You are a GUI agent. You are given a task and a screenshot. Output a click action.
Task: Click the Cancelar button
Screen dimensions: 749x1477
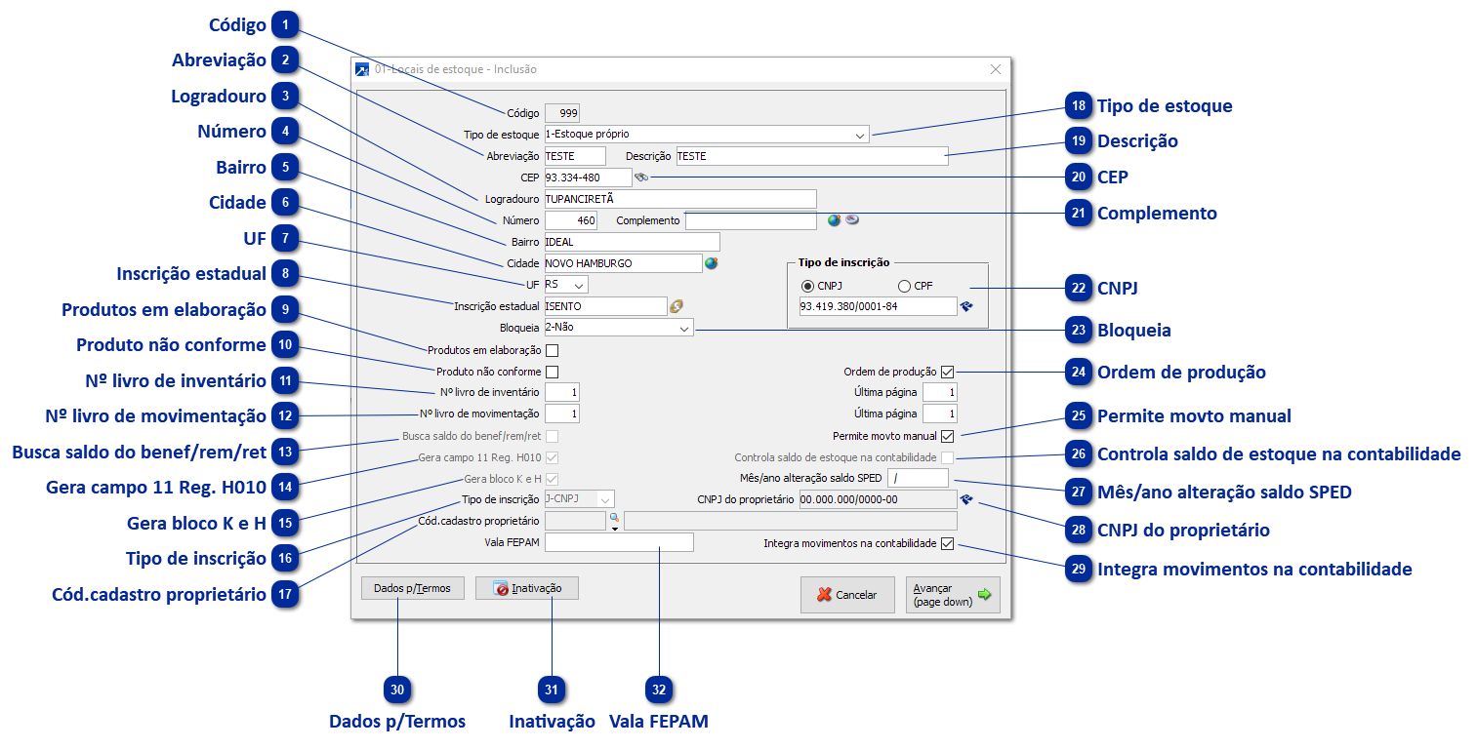pos(847,594)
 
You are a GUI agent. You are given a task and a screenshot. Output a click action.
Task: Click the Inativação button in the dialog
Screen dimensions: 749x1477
pos(527,588)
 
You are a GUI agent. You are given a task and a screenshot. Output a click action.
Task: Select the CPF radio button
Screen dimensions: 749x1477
pos(904,286)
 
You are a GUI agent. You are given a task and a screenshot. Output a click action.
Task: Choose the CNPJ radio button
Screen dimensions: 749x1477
pos(807,286)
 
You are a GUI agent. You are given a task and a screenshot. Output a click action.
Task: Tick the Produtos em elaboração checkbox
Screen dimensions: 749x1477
pos(552,350)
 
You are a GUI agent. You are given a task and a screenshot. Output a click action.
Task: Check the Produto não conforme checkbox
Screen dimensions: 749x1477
pos(552,372)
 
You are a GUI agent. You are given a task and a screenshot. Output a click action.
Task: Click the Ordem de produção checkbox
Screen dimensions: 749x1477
pos(947,372)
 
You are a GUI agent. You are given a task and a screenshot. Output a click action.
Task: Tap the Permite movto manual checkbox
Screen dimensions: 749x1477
pos(947,436)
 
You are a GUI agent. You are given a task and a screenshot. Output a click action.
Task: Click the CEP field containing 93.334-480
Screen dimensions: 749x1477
pos(587,177)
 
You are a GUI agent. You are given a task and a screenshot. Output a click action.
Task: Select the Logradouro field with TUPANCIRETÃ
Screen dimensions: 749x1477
pos(678,199)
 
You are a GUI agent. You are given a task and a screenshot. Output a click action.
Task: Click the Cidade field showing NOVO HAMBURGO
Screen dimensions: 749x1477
pos(622,263)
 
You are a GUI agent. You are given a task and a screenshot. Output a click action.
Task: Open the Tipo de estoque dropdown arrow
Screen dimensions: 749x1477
pos(859,135)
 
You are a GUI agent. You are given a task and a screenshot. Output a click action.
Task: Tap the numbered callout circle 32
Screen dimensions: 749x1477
pos(659,689)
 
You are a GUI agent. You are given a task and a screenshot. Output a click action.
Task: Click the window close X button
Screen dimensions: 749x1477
pos(995,70)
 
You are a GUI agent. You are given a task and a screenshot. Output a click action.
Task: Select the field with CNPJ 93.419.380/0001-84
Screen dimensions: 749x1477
pos(877,306)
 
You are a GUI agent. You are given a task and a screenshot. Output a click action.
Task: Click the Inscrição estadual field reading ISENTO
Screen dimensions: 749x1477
pos(604,306)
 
